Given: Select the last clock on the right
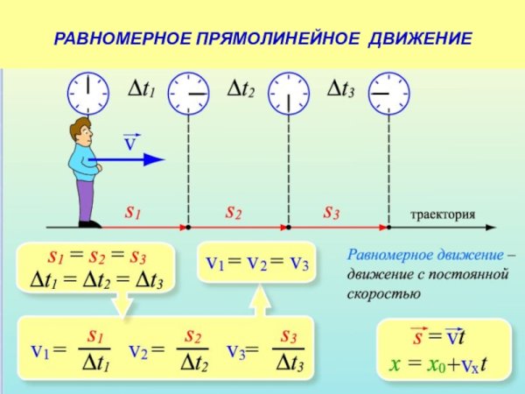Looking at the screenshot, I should pos(388,92).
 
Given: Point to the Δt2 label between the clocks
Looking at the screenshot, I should pos(240,88).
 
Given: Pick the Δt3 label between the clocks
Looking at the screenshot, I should pos(339,88).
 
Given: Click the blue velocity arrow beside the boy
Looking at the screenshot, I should pos(131,159).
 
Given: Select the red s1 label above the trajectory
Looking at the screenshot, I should pos(133,212).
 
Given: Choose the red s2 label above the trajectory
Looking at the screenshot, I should pos(233,212).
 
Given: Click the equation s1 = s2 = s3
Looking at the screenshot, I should pos(96,257).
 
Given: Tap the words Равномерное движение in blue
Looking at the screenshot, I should pos(425,256).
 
